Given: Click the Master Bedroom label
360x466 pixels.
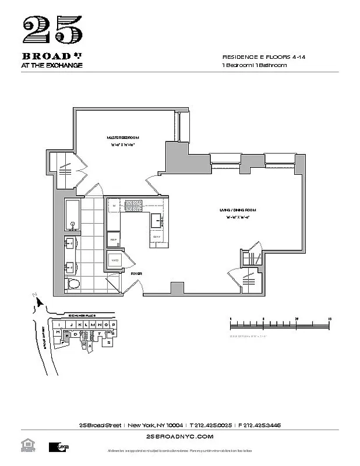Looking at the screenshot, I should [x=123, y=137].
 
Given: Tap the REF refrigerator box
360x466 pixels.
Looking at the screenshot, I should [x=113, y=239].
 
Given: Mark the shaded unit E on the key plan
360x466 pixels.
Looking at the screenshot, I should [x=68, y=336].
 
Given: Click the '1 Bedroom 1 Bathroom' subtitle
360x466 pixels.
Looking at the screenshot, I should [x=255, y=66].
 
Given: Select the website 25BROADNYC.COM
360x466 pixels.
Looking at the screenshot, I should [x=180, y=436].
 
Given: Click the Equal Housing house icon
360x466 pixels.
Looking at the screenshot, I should [x=26, y=446].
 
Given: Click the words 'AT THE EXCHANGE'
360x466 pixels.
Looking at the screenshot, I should [x=52, y=65].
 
